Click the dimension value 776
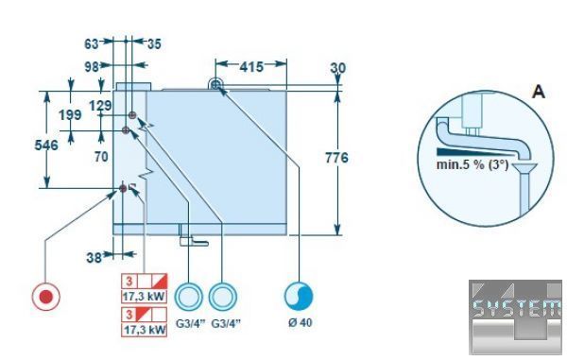336,158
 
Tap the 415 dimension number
251,66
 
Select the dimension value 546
46,145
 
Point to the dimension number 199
70,115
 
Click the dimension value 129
100,106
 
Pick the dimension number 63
91,43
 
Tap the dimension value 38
94,258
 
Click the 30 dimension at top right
338,68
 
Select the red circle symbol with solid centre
46,297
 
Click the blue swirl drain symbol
299,296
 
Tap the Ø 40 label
301,322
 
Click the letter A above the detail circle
539,92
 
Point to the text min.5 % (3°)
472,164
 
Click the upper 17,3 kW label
145,297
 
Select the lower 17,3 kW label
145,330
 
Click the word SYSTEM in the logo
517,309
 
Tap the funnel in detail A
525,168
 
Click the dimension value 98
92,67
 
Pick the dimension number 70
101,157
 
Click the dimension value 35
154,44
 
